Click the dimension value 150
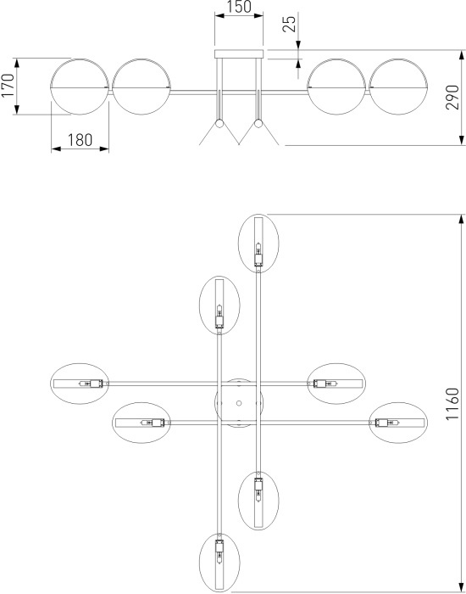pos(240,7)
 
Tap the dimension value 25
pos(290,24)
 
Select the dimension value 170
pos(8,85)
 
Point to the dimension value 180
pos(80,141)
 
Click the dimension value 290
pos(452,98)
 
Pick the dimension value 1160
pos(452,404)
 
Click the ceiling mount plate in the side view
pos(239,54)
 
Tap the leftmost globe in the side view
pos(80,87)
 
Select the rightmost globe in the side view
pos(398,87)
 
